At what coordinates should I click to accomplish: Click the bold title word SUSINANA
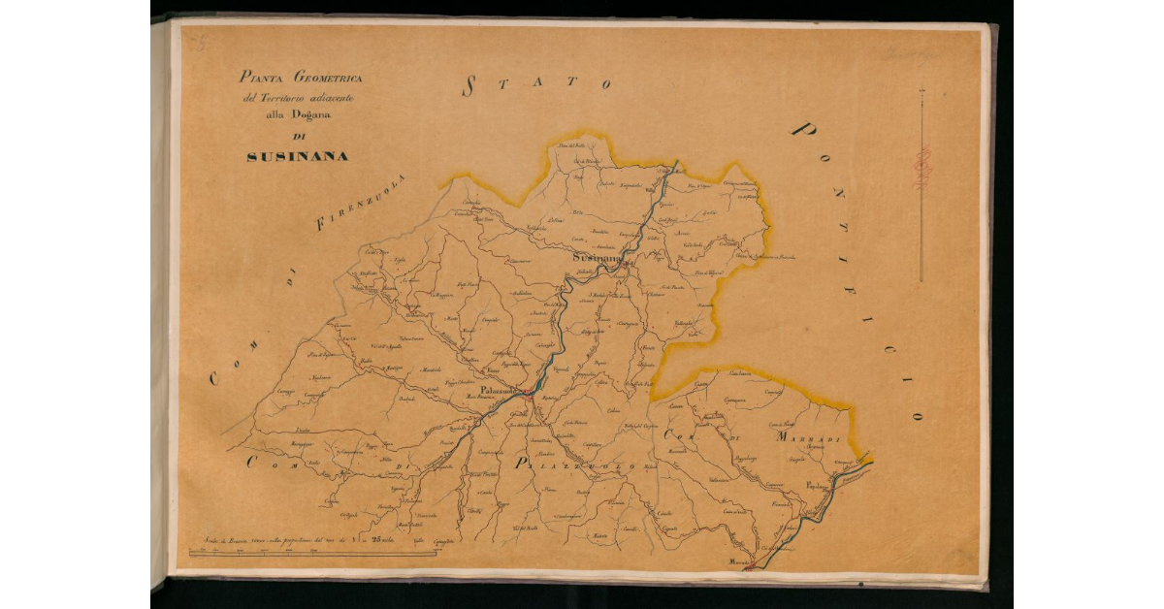tap(297, 156)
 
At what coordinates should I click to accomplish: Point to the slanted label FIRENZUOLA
tap(361, 204)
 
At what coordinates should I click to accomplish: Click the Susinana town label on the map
tap(596, 259)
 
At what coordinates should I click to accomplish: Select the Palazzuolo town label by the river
tap(497, 390)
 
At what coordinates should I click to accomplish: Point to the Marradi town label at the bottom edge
tap(741, 562)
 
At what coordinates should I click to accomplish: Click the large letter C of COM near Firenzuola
tap(215, 379)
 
